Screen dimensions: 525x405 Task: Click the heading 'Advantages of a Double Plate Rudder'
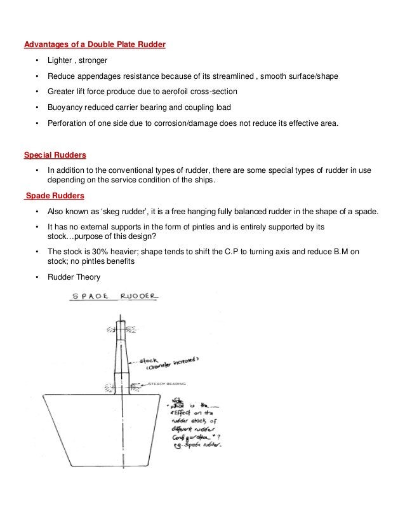(95, 45)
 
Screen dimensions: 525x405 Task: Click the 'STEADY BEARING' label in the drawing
(167, 384)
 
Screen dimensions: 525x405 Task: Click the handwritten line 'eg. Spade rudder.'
(197, 445)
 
